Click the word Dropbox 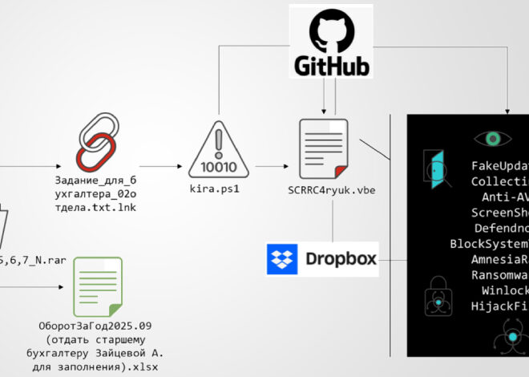pyautogui.click(x=340, y=260)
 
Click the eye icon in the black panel pyautogui.click(x=491, y=140)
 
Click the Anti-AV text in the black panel pyautogui.click(x=505, y=197)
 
